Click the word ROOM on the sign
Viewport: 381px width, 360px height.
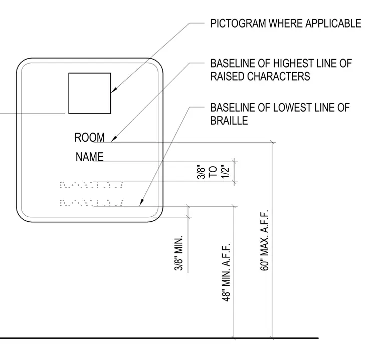point(89,137)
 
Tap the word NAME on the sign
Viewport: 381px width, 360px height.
point(89,157)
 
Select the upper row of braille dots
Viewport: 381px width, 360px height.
point(91,185)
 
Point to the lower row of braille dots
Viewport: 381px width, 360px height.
point(91,203)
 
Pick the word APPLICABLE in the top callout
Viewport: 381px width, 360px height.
point(333,24)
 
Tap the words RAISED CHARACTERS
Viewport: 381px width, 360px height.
point(260,76)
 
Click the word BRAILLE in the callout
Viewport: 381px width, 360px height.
point(229,120)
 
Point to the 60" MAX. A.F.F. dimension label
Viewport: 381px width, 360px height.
point(264,240)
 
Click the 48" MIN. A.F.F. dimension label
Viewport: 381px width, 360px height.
point(226,272)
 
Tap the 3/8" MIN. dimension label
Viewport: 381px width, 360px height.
point(178,253)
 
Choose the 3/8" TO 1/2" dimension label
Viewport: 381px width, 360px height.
point(213,172)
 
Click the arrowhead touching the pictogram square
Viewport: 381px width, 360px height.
point(114,90)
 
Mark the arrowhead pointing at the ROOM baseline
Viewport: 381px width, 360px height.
point(114,139)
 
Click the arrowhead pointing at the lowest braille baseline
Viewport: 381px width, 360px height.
point(141,203)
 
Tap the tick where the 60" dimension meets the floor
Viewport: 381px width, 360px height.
point(272,337)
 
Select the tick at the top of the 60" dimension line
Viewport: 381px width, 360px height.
point(272,143)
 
